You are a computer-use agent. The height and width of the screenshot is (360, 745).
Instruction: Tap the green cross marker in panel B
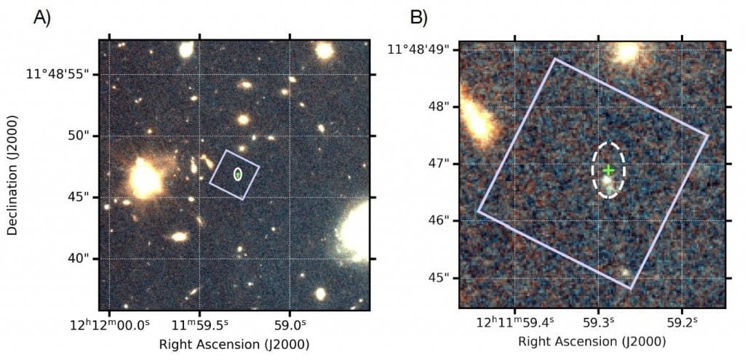pos(609,170)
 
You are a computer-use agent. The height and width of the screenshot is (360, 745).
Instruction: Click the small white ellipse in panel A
pos(237,174)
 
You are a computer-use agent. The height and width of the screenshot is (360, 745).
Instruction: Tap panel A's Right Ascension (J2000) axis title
pos(234,343)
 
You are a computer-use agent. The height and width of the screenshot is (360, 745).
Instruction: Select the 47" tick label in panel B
pos(439,164)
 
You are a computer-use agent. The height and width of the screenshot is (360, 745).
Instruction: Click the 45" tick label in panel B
pos(439,278)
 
